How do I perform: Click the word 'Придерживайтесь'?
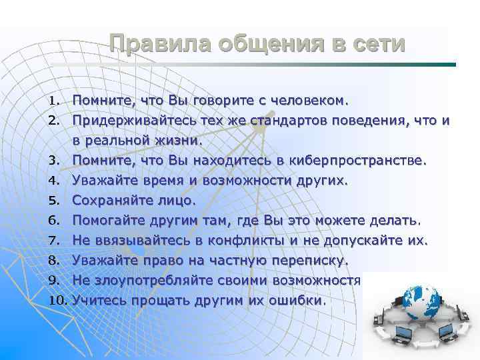(x=127, y=121)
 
